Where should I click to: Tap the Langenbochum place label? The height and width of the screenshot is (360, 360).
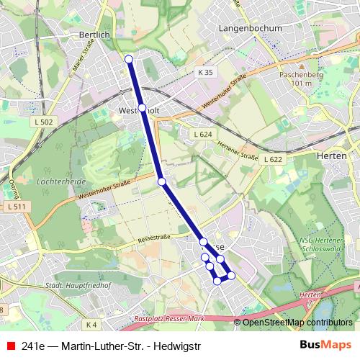point(247,28)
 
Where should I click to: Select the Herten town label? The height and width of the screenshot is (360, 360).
point(332,156)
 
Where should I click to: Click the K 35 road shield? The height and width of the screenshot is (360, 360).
point(206,73)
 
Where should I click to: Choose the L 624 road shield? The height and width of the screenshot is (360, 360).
point(202,135)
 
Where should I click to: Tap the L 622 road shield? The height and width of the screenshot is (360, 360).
point(273,159)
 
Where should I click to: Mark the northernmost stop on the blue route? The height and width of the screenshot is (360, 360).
point(129,59)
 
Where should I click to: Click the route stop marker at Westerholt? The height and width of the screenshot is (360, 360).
point(142,108)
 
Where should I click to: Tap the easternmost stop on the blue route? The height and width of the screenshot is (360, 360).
point(231,275)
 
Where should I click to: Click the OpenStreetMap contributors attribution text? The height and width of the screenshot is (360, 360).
point(297,323)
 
